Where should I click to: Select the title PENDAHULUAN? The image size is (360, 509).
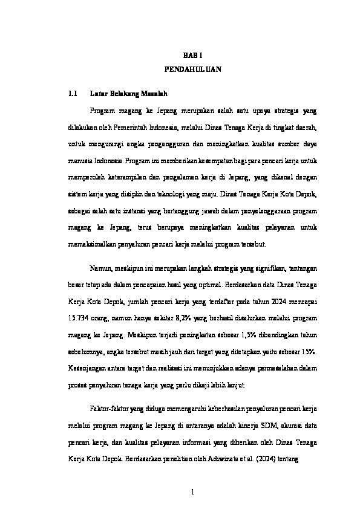(192, 70)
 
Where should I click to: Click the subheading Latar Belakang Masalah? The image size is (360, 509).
(128, 94)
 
